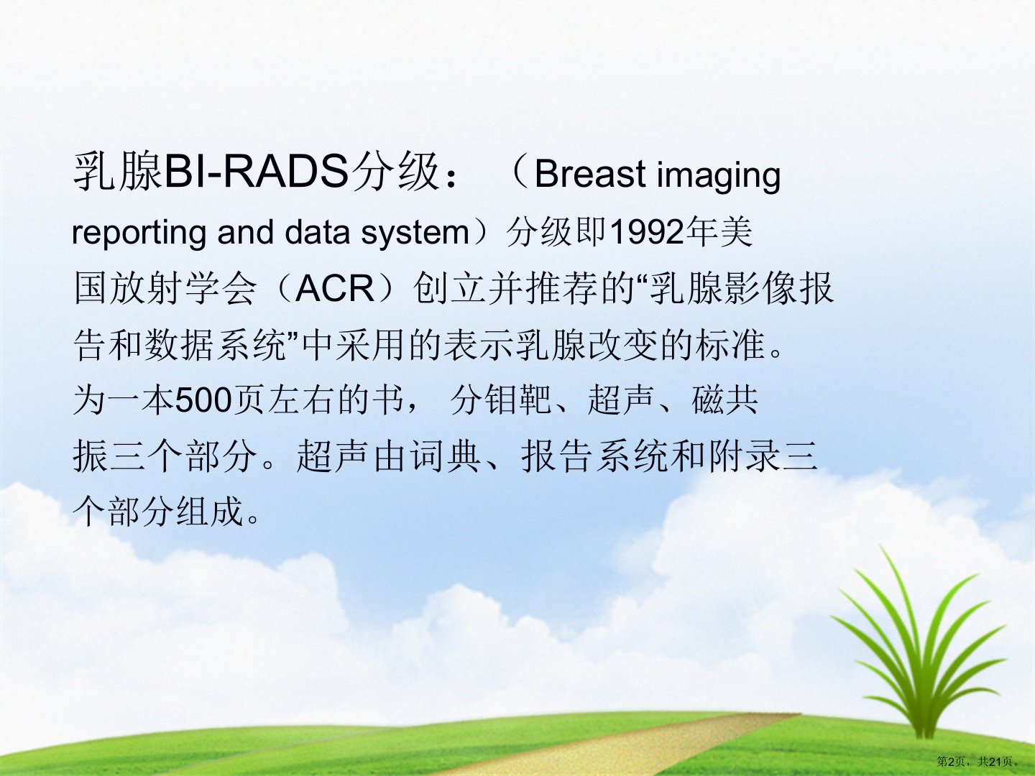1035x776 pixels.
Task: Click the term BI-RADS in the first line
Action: [257, 172]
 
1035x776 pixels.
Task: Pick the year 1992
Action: [646, 232]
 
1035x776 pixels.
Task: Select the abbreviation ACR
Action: [334, 288]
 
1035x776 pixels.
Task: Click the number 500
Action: [203, 401]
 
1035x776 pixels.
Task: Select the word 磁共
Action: [724, 401]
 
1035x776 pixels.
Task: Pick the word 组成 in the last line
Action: [210, 512]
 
